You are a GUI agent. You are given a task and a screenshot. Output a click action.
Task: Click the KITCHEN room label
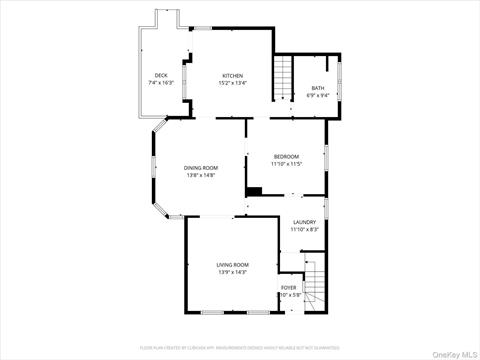pos(232,76)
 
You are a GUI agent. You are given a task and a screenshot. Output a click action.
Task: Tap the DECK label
pos(160,76)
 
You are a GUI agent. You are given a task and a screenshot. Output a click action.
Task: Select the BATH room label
pos(317,89)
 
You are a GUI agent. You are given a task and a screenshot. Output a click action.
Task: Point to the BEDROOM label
pos(286,157)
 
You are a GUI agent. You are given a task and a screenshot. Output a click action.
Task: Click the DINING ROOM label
pos(200,168)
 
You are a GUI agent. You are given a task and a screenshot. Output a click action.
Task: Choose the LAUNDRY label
pos(304,222)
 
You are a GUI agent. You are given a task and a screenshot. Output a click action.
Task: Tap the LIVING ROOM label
pos(232,264)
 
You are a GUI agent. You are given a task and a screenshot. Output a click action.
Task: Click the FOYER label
pos(289,288)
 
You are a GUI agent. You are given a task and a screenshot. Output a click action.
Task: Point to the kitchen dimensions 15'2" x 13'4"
pos(232,84)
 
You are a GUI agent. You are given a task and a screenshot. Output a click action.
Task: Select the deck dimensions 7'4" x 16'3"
pos(160,84)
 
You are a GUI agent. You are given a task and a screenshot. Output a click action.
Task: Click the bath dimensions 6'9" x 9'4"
pos(317,97)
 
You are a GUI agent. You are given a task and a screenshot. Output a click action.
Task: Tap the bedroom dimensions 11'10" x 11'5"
pos(286,165)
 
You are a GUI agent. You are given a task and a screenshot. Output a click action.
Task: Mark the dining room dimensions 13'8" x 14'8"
pos(200,176)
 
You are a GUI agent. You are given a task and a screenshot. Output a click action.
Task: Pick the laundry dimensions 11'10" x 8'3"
pos(304,230)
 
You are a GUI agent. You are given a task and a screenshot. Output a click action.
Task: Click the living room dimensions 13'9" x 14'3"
pos(232,272)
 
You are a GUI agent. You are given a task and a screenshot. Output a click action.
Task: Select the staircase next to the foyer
pos(316,285)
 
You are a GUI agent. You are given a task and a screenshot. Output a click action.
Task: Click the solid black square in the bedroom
pos(254,191)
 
